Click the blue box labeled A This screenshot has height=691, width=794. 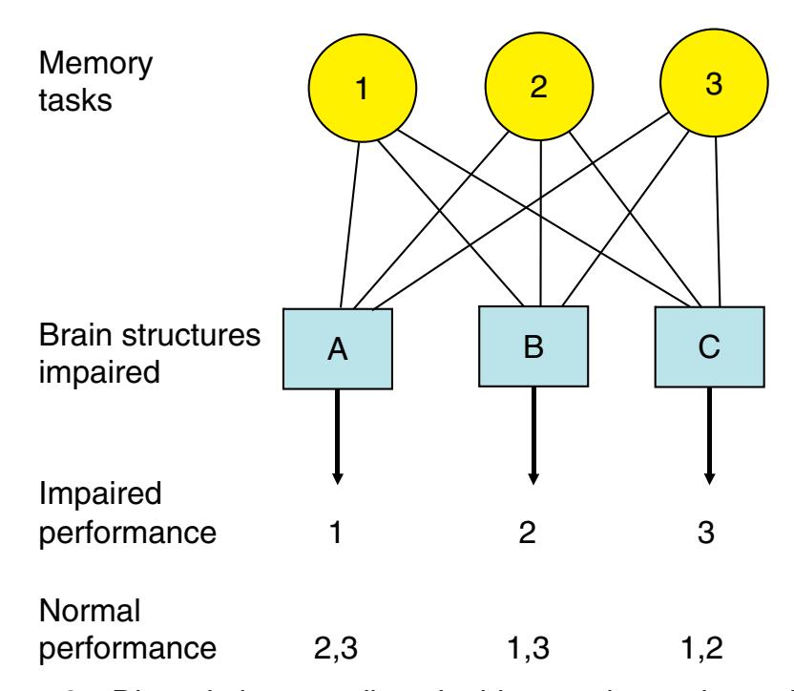coord(338,350)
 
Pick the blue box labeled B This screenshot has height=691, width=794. coord(534,344)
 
